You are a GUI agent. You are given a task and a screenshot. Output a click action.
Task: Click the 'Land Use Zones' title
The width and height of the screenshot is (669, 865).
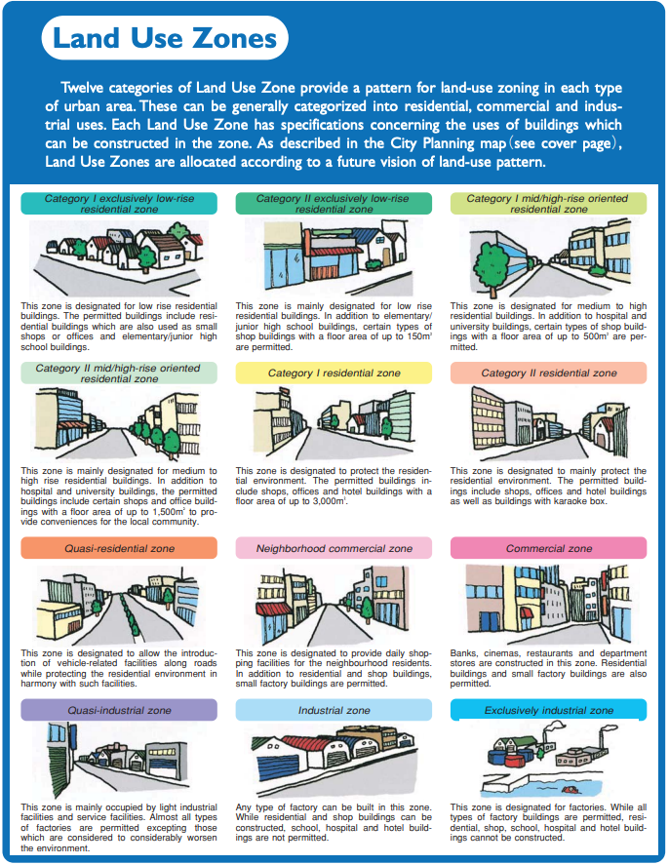click(x=164, y=39)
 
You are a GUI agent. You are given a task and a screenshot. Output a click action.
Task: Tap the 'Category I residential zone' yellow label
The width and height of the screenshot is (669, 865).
click(x=334, y=374)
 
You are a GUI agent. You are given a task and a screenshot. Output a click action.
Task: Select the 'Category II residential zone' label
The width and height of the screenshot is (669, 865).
click(x=548, y=374)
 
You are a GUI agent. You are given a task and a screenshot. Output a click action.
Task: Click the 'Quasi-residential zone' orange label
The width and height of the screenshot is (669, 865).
click(x=119, y=548)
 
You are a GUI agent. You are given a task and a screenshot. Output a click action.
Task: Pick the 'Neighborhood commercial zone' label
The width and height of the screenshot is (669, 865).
click(x=334, y=548)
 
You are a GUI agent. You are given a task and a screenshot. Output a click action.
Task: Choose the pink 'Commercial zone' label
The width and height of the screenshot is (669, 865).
click(x=548, y=548)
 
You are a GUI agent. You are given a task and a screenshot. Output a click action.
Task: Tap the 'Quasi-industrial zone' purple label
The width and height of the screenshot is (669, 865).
click(x=119, y=710)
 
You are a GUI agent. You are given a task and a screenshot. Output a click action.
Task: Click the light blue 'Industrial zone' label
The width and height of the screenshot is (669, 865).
click(x=334, y=710)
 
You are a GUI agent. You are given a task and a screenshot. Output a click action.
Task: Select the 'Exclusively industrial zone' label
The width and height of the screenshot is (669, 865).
click(x=548, y=710)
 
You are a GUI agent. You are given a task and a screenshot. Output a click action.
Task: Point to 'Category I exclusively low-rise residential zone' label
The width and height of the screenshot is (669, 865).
click(x=119, y=204)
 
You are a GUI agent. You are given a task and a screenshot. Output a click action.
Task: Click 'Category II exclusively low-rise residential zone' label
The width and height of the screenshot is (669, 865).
click(x=334, y=204)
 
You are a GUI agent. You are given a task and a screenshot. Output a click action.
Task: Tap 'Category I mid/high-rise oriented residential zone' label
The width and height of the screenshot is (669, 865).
click(x=548, y=204)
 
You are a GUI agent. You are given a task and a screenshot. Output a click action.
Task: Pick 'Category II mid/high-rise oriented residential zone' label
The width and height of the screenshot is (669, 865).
click(x=119, y=374)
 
